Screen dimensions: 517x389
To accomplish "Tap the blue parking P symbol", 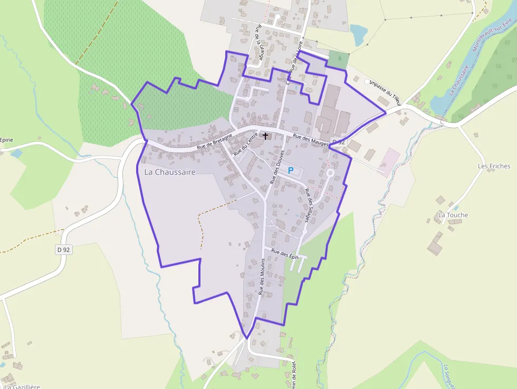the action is coord(290,170).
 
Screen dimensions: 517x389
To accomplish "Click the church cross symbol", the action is coord(265,136).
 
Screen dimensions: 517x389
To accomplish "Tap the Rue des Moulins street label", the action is coord(262,279).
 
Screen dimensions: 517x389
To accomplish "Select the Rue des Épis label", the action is coord(285,253).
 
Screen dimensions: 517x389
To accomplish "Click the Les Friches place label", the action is coord(494,166).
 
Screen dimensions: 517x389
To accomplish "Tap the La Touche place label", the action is coord(453,215).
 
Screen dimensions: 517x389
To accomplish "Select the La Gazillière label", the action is coord(21,386).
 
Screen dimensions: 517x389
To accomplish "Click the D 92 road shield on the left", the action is coord(63,250).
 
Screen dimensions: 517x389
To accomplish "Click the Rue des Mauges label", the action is coord(310,139).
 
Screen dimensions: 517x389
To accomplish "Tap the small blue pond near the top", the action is coord(359,34).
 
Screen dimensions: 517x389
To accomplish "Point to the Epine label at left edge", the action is coord(6,140).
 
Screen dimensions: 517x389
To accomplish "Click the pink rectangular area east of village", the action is coord(391,162).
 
